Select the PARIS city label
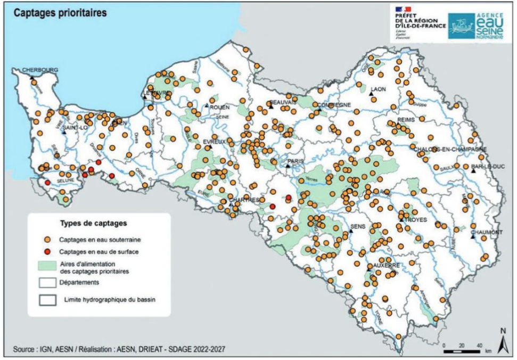[295, 160]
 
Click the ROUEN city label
[219, 107]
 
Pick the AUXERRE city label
[382, 265]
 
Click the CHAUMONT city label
[487, 232]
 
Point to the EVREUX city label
[215, 142]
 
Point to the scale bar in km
[463, 351]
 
